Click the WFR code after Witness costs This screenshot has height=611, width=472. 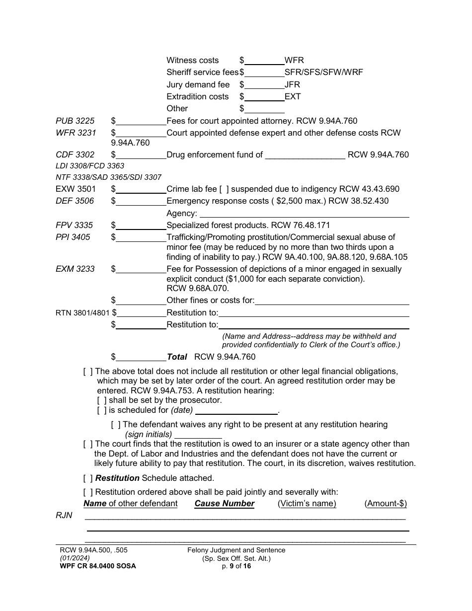(x=294, y=60)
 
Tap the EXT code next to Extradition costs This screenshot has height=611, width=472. (x=293, y=96)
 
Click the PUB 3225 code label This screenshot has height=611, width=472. (x=75, y=121)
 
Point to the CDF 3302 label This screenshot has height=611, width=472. (x=75, y=154)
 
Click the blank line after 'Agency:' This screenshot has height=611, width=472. (x=303, y=214)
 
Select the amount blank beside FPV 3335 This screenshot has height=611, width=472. (x=141, y=226)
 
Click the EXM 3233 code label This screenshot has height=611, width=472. (x=75, y=269)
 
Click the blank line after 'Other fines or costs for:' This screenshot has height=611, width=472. (x=332, y=301)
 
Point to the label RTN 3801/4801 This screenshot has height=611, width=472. (x=82, y=313)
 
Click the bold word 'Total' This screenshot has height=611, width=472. (x=177, y=357)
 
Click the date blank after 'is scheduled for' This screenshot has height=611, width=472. (x=236, y=411)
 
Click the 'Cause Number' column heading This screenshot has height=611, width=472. (x=225, y=504)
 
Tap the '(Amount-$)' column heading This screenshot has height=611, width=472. (x=386, y=504)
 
